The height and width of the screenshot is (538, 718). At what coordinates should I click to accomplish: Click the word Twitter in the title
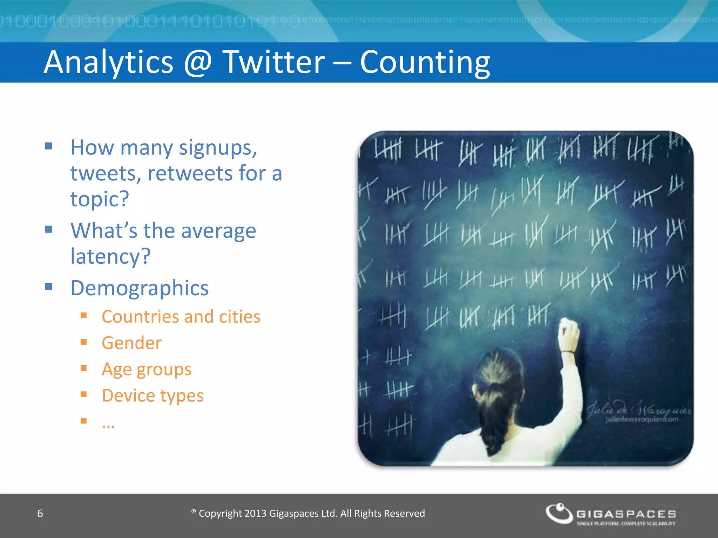pyautogui.click(x=274, y=62)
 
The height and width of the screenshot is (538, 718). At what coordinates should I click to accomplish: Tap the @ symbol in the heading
pyautogui.click(x=198, y=62)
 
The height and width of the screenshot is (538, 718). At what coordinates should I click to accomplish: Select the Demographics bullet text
pyautogui.click(x=140, y=288)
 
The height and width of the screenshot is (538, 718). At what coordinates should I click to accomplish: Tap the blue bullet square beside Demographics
pyautogui.click(x=49, y=287)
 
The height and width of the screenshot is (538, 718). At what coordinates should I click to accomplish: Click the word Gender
pyautogui.click(x=132, y=343)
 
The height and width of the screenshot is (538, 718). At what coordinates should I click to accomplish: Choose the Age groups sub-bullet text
pyautogui.click(x=147, y=370)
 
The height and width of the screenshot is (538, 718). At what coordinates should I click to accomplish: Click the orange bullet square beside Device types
pyautogui.click(x=84, y=394)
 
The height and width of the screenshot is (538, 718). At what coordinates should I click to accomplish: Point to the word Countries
pyautogui.click(x=140, y=317)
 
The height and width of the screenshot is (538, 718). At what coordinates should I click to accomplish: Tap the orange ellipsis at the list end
pyautogui.click(x=108, y=426)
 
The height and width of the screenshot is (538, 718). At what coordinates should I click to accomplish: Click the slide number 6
pyautogui.click(x=40, y=513)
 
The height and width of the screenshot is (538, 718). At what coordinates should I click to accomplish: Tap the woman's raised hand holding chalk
pyautogui.click(x=569, y=333)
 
